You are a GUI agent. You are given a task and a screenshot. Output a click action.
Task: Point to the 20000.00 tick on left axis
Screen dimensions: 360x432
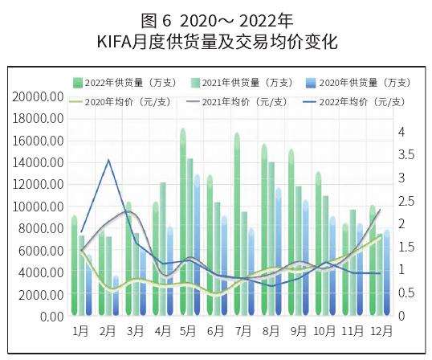click(x=39, y=96)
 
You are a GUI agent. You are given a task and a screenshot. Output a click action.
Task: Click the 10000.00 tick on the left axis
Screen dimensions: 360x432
click(x=39, y=207)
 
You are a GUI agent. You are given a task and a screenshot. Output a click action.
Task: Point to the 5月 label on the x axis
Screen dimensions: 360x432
click(x=189, y=330)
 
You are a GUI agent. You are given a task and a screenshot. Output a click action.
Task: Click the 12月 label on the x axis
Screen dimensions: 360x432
click(x=381, y=330)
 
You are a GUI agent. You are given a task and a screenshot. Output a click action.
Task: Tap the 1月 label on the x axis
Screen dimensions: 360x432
click(x=80, y=330)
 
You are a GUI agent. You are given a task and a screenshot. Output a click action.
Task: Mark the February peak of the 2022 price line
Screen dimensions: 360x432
click(x=108, y=160)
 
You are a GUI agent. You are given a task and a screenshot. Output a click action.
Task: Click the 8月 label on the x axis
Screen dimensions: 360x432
click(x=271, y=330)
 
